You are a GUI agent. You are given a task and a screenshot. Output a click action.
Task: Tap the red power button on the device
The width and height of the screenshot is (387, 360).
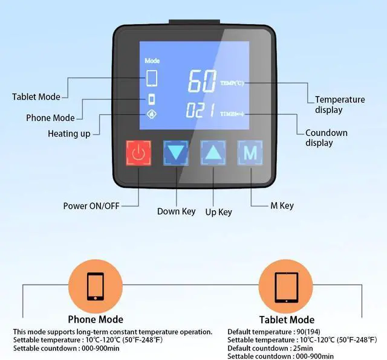point(139,153)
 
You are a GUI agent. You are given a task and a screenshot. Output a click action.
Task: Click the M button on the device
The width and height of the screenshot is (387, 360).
point(250,153)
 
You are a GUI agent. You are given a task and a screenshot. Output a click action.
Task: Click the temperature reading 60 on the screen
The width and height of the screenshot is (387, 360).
point(201,82)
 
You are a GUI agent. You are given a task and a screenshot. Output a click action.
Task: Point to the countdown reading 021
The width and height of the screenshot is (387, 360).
point(201,112)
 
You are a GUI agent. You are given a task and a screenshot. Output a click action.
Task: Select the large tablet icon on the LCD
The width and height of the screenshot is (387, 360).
point(152,79)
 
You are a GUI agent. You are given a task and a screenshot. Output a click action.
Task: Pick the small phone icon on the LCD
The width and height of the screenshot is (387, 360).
point(152,99)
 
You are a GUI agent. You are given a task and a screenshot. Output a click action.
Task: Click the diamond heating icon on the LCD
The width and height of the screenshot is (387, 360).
point(152,113)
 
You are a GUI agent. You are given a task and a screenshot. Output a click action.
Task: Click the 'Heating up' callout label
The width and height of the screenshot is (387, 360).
point(69,133)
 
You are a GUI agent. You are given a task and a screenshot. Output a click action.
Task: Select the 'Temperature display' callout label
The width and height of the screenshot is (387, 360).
point(340,104)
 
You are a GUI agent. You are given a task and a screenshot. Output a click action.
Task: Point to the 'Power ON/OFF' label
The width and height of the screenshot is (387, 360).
point(91,206)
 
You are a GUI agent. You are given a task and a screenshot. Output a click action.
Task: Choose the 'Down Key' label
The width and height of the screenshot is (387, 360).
point(176,211)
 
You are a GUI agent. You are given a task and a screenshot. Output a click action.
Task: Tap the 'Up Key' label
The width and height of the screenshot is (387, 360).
point(218,212)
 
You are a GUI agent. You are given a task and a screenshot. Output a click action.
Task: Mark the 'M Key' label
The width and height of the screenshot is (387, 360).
point(282,205)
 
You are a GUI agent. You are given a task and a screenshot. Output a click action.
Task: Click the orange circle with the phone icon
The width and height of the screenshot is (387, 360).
point(94,286)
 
